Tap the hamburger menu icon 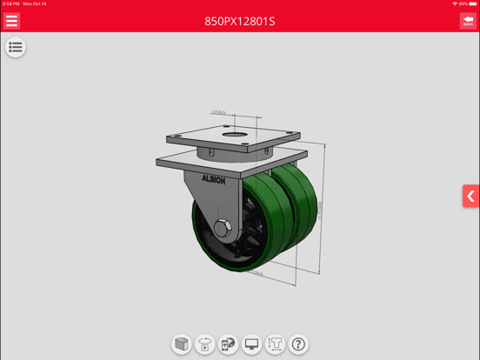tap(12, 21)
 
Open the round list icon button tap(15, 48)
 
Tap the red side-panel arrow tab tap(470, 197)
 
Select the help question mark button tap(298, 344)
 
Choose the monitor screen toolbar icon tap(251, 344)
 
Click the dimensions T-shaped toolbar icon tap(275, 344)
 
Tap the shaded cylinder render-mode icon tap(181, 344)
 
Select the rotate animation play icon tap(204, 344)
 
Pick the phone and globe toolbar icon tap(228, 344)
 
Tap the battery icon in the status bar tap(473, 3)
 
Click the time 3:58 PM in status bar tap(11, 3)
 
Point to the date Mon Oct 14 tap(35, 3)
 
